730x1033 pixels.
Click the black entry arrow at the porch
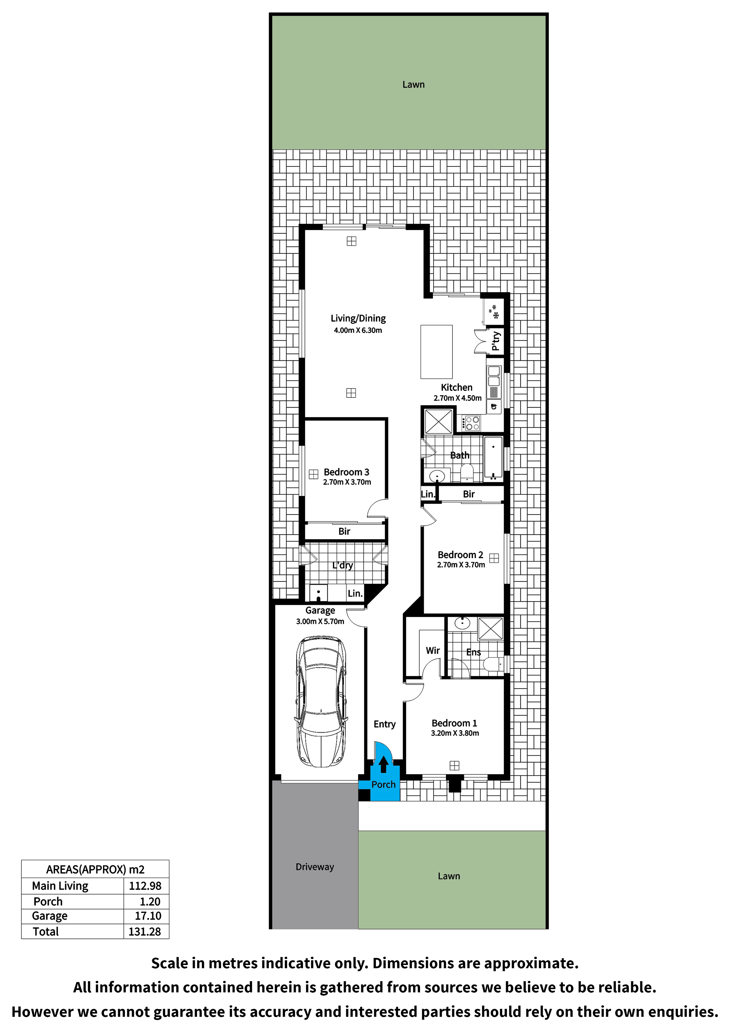[383, 764]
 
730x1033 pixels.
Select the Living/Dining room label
[358, 319]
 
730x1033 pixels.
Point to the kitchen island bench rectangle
[436, 352]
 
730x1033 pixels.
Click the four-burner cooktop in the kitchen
[471, 423]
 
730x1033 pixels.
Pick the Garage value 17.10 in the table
[148, 916]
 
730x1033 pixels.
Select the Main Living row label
[60, 886]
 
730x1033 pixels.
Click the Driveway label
[315, 867]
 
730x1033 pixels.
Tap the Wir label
[433, 650]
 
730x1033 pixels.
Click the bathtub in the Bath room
[493, 457]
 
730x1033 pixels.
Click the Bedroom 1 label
[454, 723]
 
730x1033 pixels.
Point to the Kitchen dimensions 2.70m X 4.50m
[457, 398]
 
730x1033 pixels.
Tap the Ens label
[474, 652]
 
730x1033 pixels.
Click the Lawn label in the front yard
[449, 876]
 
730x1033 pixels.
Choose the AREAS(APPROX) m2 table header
[95, 870]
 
